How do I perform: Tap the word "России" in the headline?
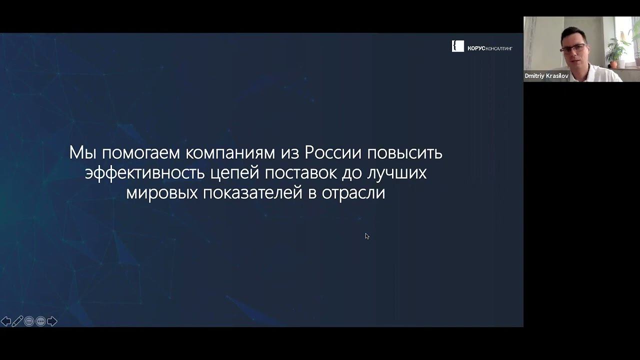(x=333, y=152)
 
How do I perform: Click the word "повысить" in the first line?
(x=404, y=152)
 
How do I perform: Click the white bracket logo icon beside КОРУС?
(x=457, y=46)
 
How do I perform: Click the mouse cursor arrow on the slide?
(x=367, y=236)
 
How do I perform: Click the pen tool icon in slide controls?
(x=17, y=321)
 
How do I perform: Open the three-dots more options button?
(x=40, y=321)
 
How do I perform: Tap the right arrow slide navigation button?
(x=52, y=321)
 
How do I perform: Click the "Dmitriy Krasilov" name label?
(x=546, y=76)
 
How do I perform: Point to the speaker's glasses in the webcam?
(x=571, y=48)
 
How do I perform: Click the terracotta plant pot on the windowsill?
(x=613, y=63)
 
